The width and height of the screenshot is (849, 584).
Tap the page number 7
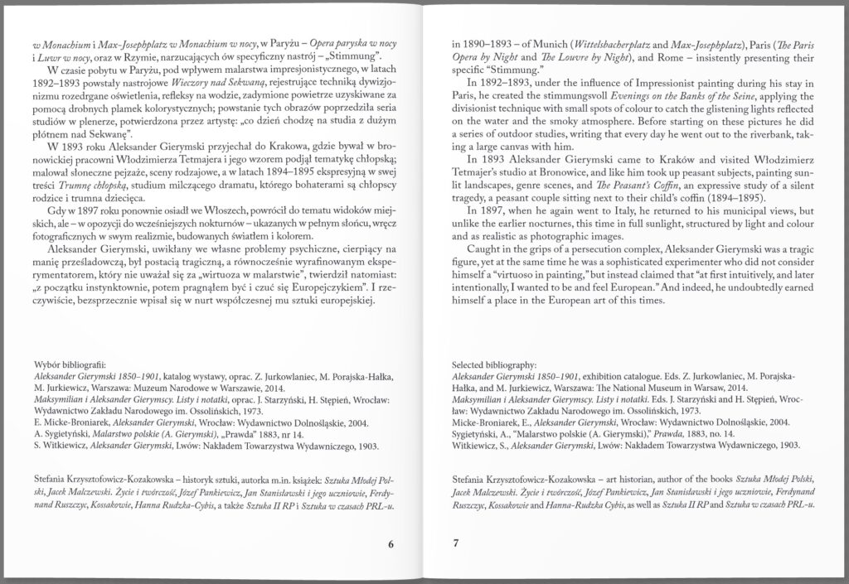click(455, 543)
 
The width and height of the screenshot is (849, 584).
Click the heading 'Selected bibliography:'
click(494, 364)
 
